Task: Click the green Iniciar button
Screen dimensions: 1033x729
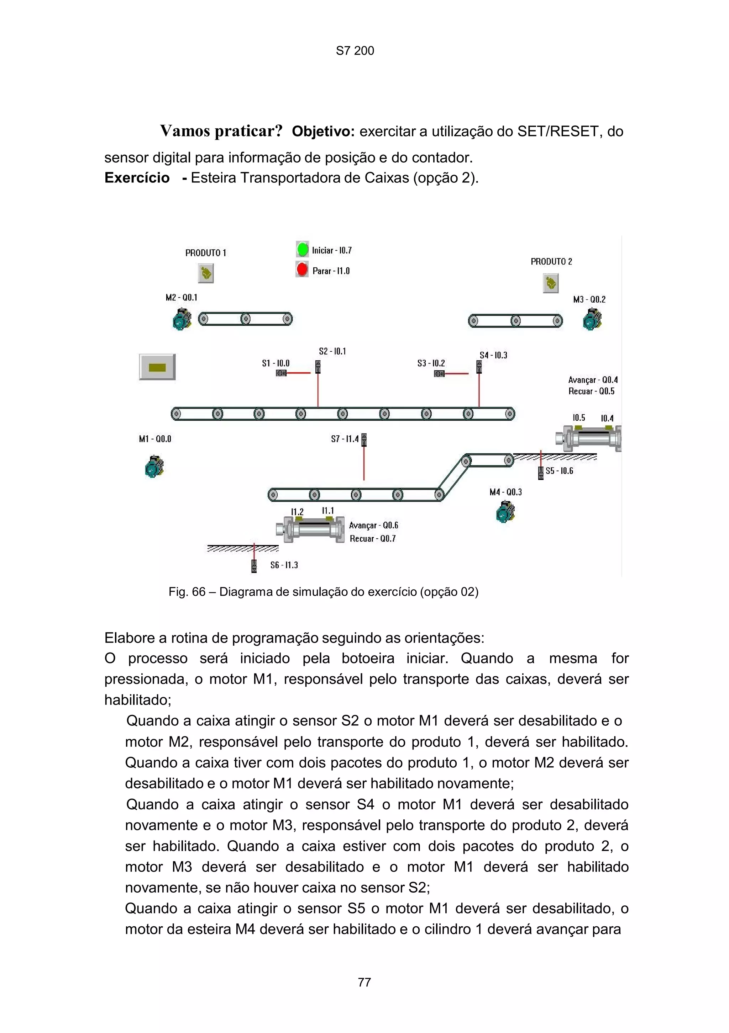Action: [303, 249]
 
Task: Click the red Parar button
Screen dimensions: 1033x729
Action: [302, 270]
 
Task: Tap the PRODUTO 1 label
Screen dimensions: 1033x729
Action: [206, 253]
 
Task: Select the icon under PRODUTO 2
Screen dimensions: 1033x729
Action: [550, 283]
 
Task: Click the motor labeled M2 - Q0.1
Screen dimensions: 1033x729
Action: [182, 319]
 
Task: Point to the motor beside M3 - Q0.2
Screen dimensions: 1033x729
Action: [592, 320]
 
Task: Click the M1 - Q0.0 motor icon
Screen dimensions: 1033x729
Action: [154, 467]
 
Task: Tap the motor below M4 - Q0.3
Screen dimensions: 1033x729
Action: [505, 512]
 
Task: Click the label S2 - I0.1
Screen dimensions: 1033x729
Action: [332, 351]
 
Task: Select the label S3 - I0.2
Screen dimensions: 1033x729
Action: [431, 363]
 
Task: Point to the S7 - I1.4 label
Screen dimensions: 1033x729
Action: [345, 439]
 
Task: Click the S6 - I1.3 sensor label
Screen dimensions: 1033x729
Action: [284, 565]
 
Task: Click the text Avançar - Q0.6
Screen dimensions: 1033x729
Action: [374, 526]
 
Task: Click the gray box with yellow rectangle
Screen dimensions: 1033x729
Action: [157, 367]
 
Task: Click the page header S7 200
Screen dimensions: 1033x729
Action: [355, 51]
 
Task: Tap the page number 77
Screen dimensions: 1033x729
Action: [364, 982]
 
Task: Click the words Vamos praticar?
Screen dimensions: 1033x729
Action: [221, 131]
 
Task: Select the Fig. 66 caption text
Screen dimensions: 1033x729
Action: [323, 592]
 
